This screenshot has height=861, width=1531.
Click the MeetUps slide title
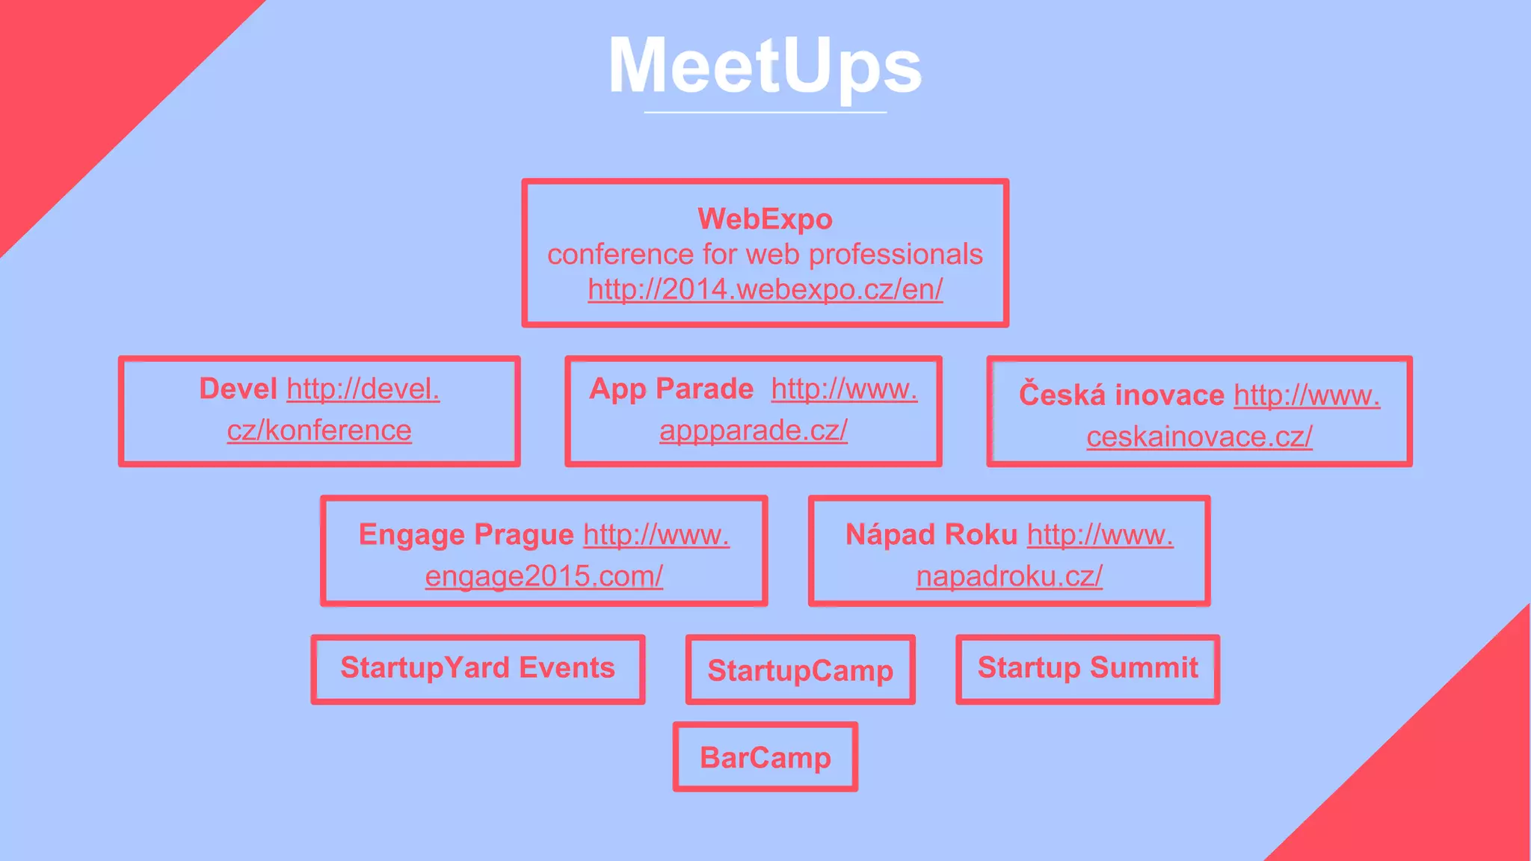(765, 67)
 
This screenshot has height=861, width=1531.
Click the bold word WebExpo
(765, 219)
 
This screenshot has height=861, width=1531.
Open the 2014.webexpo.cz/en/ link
(765, 289)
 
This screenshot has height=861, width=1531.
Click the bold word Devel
(238, 389)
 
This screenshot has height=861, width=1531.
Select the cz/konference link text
(319, 430)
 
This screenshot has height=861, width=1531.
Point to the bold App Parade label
(671, 389)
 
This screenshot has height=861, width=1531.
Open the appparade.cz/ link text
(753, 430)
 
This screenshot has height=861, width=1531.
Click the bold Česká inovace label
(1121, 395)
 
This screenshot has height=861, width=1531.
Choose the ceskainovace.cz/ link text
(1199, 436)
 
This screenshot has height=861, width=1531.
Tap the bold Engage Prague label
(466, 534)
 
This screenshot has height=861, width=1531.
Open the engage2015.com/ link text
(543, 576)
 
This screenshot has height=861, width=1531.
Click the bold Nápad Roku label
(931, 534)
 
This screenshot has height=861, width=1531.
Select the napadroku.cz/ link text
(1009, 576)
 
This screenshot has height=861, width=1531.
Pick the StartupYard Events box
(478, 668)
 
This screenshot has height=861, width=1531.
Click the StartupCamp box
(800, 670)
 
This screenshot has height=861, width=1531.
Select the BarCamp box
(765, 757)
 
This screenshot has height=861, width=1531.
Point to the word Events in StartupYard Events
(567, 667)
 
